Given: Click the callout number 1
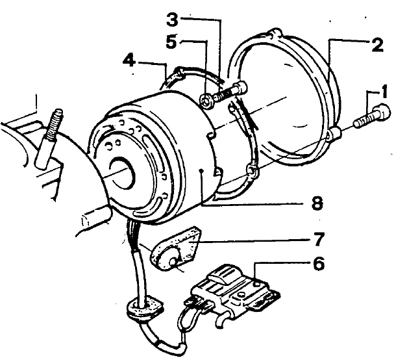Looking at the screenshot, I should click(384, 93).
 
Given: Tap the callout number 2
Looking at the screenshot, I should click(376, 45).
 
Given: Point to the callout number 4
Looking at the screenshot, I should click(130, 62).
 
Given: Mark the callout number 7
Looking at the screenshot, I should click(318, 240).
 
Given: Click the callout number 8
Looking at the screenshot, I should click(316, 204).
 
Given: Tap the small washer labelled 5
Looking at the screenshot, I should click(206, 100).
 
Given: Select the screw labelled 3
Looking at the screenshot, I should click(231, 90).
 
